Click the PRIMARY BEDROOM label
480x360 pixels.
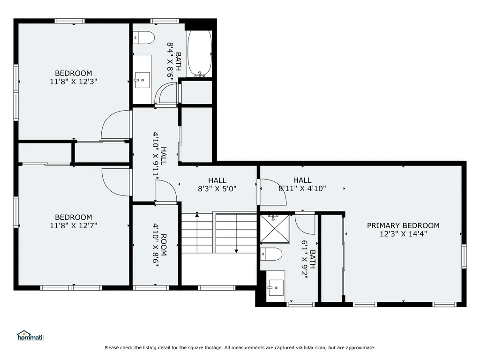point(403,225)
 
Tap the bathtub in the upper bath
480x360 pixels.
point(199,53)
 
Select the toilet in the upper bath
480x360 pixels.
point(143,37)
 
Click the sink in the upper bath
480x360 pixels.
point(142,80)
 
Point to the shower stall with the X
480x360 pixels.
point(275,229)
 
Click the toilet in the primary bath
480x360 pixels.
point(271,254)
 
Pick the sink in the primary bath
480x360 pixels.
point(276,288)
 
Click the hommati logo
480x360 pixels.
point(30,336)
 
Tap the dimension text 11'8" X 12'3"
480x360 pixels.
point(74,82)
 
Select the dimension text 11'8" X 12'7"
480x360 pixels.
point(74,225)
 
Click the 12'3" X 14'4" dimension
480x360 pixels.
point(403,234)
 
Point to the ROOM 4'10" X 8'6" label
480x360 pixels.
point(160,245)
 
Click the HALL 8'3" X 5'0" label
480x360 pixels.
point(217,185)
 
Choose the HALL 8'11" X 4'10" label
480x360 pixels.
point(302,184)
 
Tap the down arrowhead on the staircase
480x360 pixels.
point(236,251)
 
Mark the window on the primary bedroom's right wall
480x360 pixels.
point(464,256)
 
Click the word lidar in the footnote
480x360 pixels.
point(312,347)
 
